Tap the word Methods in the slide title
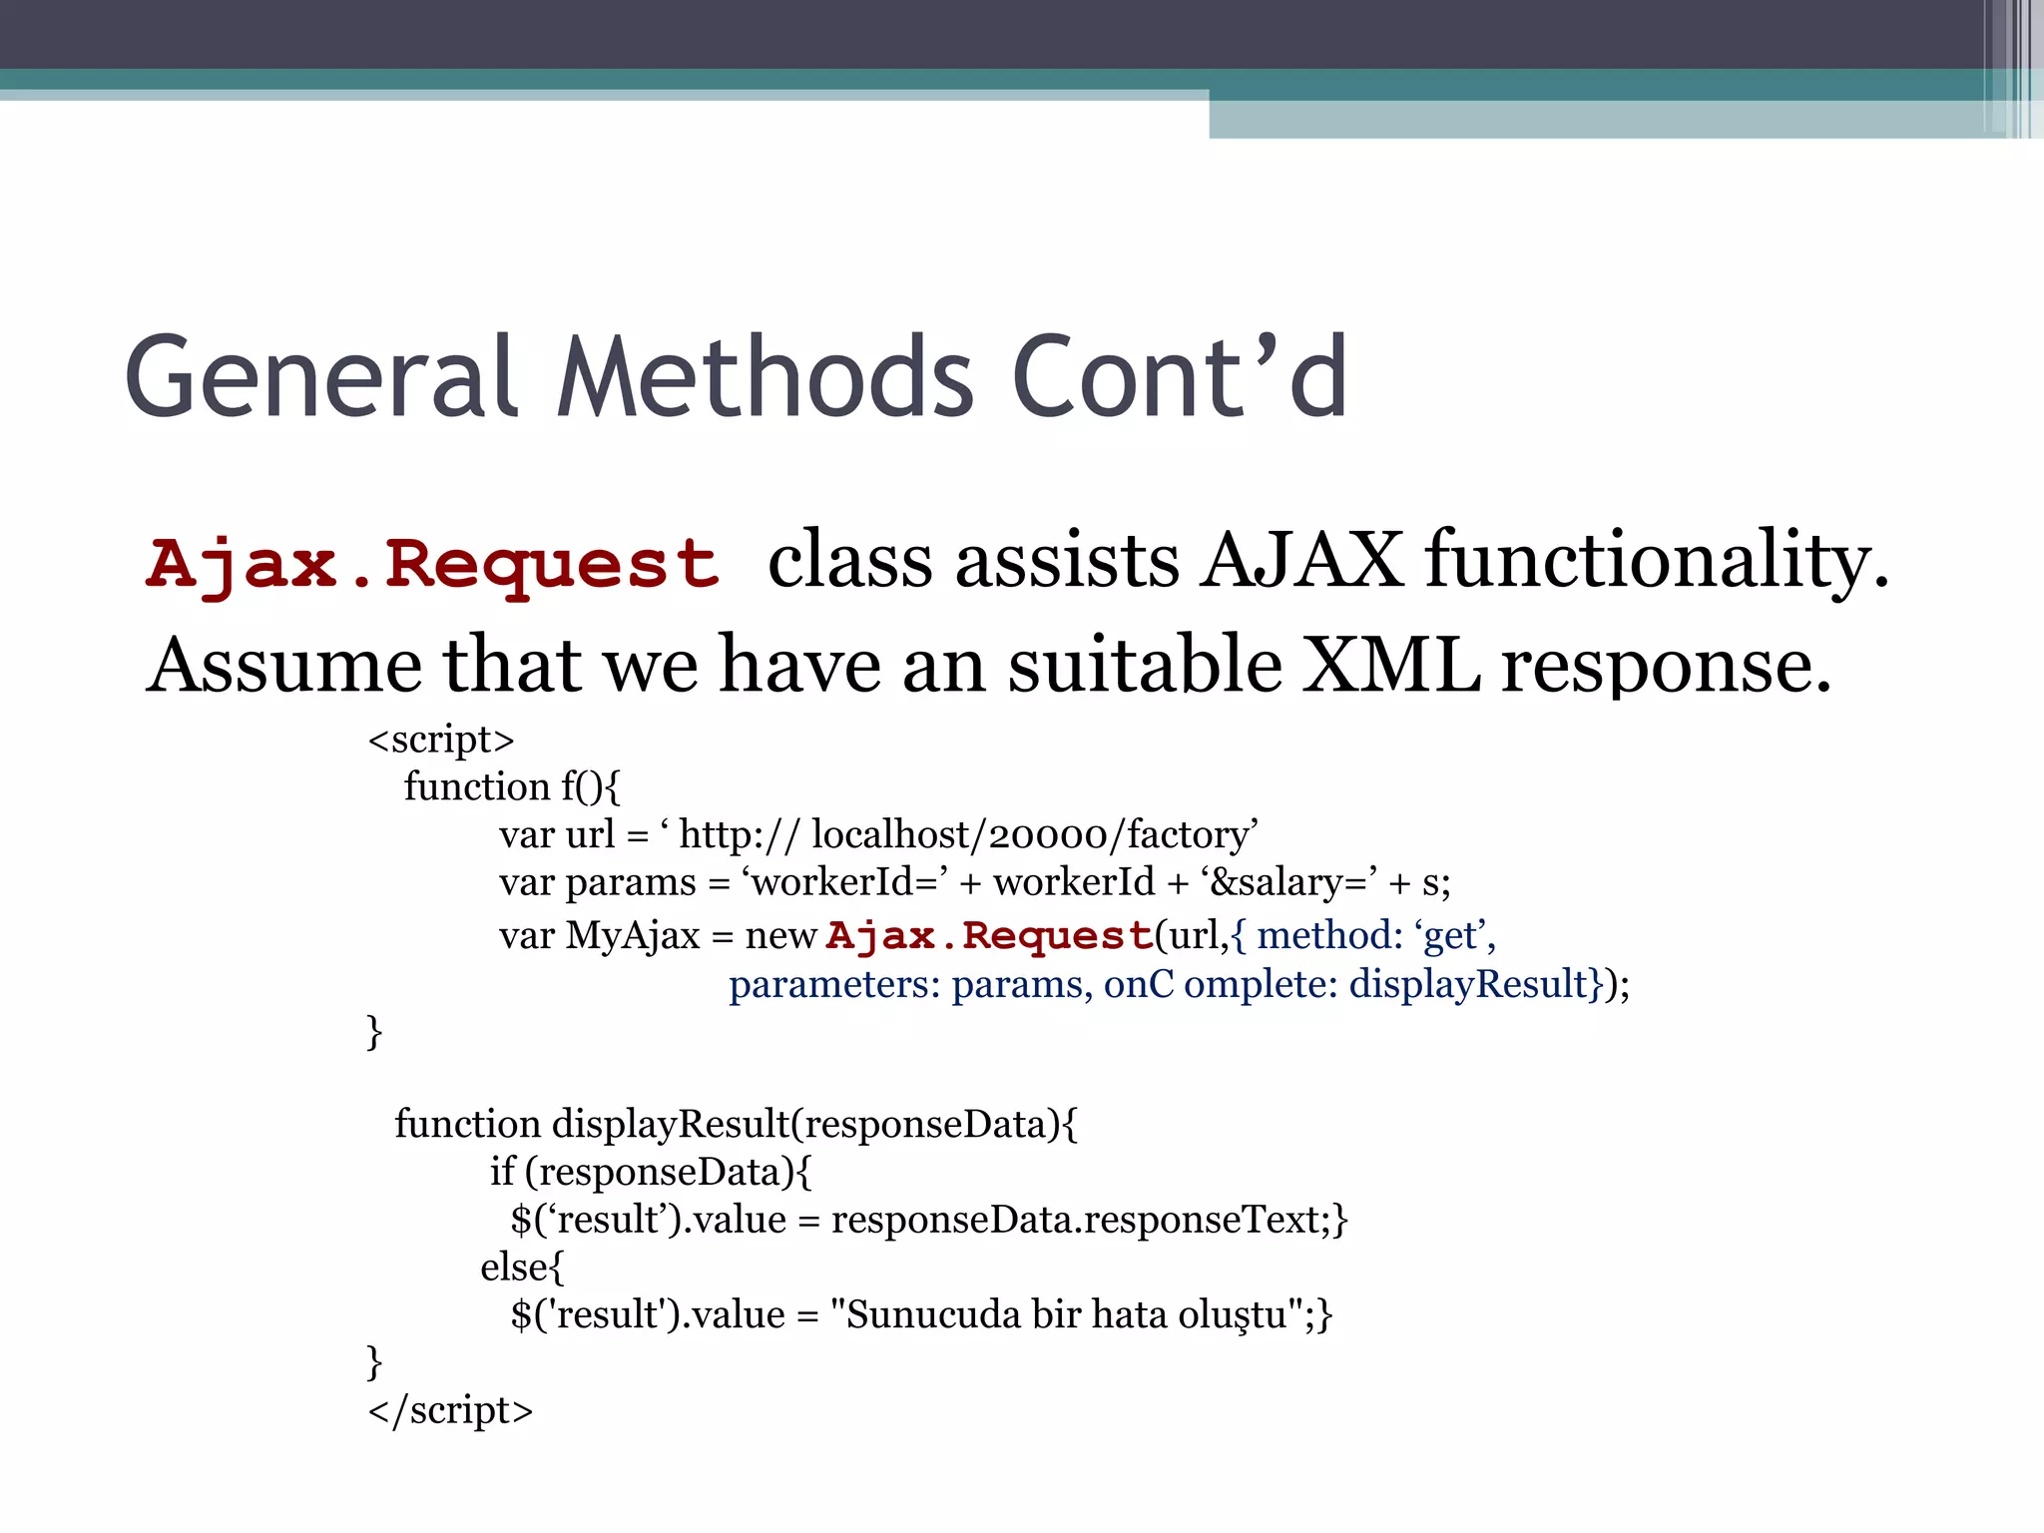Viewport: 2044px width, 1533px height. [x=765, y=377]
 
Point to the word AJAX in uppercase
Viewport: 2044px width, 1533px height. [x=1301, y=560]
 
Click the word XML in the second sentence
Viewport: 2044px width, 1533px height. [x=1392, y=665]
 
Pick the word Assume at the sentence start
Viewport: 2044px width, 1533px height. [x=284, y=665]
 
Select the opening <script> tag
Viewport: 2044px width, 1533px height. [x=441, y=740]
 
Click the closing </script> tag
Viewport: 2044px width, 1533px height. [x=450, y=1410]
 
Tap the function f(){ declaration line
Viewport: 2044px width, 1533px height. [x=512, y=787]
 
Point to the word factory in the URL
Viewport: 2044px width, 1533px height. [x=1188, y=835]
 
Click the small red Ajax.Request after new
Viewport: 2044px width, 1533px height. [x=990, y=936]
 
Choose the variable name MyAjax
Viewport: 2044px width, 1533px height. [x=633, y=936]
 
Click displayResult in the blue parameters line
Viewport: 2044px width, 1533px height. [x=1468, y=985]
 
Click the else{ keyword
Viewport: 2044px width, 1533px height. [x=522, y=1268]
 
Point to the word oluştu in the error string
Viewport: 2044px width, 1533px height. [x=1232, y=1315]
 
